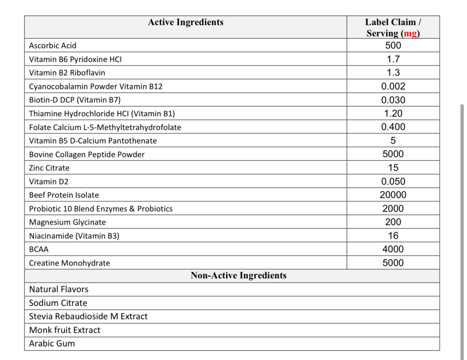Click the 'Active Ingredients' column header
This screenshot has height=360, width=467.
(185, 22)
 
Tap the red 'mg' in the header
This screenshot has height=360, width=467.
(410, 33)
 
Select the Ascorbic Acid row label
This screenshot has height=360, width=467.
(53, 46)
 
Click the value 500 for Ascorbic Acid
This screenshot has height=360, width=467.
(393, 45)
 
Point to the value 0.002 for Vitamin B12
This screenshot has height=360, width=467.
(393, 86)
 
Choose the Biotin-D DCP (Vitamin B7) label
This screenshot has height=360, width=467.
(75, 100)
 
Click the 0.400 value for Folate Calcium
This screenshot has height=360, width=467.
(393, 127)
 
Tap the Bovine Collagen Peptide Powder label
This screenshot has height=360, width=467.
(87, 154)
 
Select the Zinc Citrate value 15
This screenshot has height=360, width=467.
(393, 168)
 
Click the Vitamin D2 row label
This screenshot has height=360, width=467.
(49, 182)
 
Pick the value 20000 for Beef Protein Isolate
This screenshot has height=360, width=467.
(393, 195)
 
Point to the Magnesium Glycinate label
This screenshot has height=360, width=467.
(67, 222)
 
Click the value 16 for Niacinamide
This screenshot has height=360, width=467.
(393, 236)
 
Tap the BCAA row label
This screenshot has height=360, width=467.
(39, 249)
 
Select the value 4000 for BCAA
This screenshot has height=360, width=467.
(393, 249)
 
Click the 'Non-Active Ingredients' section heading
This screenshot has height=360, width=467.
(238, 276)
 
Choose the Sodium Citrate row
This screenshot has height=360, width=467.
(58, 303)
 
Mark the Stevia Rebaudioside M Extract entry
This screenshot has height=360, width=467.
(88, 317)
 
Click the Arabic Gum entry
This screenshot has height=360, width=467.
(52, 344)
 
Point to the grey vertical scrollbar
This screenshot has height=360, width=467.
(462, 232)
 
